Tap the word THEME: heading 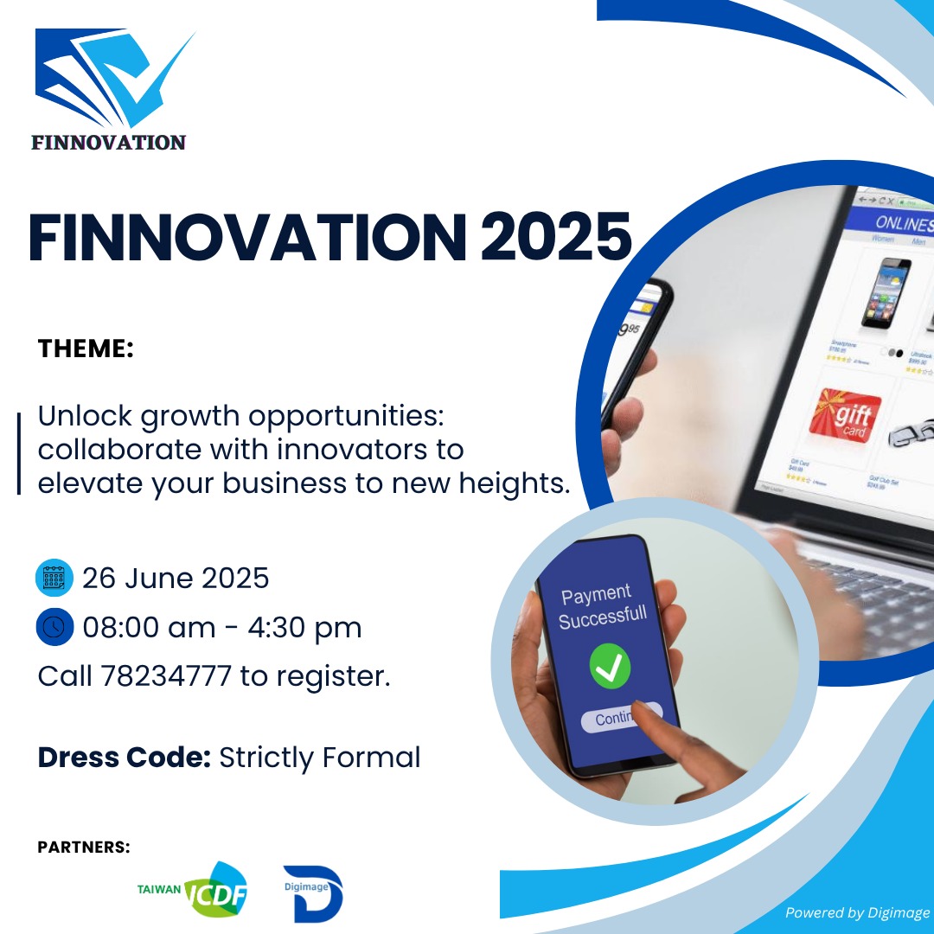[x=86, y=349]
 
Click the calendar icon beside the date [x=54, y=578]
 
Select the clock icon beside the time [x=54, y=627]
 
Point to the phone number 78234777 [x=166, y=676]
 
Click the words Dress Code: [x=124, y=758]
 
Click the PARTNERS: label [x=84, y=847]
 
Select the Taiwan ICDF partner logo [x=194, y=890]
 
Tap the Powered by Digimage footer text [x=857, y=912]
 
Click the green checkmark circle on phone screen [x=610, y=667]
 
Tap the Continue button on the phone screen [x=620, y=717]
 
